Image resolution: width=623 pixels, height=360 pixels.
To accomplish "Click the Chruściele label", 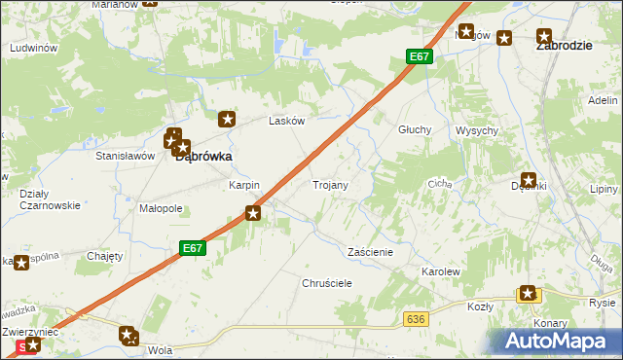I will pos(326,282).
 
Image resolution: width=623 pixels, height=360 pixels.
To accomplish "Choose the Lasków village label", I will pos(287,122).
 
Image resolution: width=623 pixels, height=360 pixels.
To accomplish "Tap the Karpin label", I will pos(243,185).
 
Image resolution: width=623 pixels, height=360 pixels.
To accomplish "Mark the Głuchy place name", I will pos(415,129).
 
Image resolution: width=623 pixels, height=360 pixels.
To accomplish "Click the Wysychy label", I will pos(477,130).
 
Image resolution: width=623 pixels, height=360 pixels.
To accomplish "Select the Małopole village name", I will pos(161,208).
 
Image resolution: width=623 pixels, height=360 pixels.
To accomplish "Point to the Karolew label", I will pos(439,271).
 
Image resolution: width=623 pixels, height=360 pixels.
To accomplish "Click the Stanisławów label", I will pos(126,155).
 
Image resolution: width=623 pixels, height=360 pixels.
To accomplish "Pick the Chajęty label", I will pos(104,256).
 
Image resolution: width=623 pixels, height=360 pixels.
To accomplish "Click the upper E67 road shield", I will pos(419,56).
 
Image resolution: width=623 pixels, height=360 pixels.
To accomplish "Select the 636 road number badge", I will pos(417,318).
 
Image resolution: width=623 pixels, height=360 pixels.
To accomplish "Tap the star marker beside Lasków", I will pos(227,120).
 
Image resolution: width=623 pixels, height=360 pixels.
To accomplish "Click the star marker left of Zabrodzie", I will pos(504,38).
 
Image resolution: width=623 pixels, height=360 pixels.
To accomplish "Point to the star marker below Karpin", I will pos(254,213).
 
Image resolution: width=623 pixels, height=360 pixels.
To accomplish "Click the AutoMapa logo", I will pos(555,342).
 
